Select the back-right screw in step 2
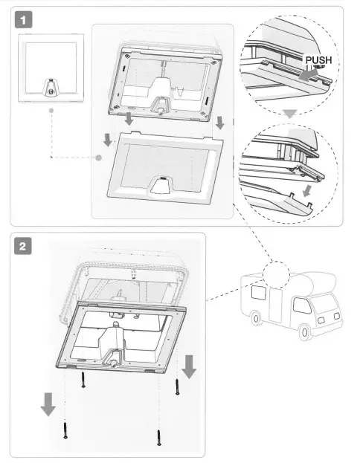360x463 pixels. coord(177,386)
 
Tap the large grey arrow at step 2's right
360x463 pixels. coord(190,366)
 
